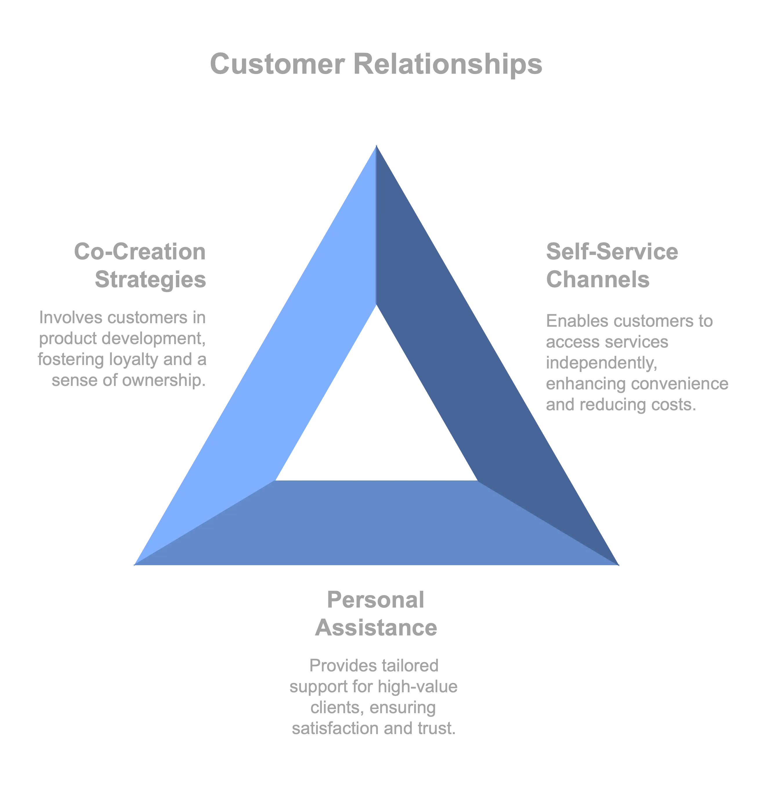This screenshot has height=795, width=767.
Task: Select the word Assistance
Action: [x=376, y=628]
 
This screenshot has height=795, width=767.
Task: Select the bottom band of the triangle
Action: [x=377, y=523]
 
